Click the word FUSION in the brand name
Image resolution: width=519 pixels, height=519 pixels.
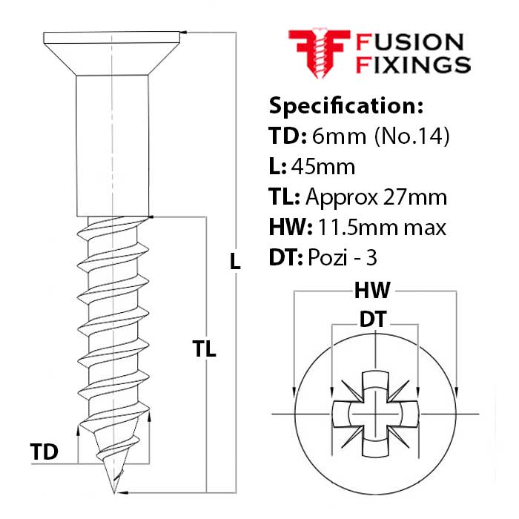(x=410, y=42)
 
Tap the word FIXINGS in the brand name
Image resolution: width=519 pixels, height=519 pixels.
(x=414, y=65)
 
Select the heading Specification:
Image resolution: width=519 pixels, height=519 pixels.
(x=346, y=105)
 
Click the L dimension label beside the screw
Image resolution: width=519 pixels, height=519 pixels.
(x=234, y=261)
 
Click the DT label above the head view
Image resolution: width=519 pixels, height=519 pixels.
(x=376, y=320)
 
